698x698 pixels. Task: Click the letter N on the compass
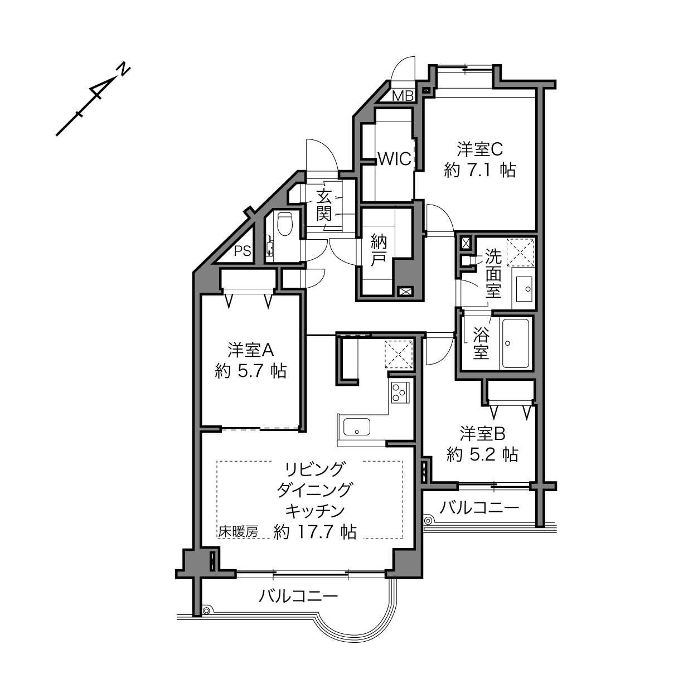123,70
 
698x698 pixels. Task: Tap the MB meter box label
403,96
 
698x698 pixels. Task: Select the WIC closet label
395,158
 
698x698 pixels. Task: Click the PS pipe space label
243,251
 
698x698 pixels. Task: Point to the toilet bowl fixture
285,223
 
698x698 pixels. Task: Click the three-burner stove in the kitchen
400,392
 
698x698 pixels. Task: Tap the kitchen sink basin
357,426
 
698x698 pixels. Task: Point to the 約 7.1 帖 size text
480,170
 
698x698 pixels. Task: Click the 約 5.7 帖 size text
251,371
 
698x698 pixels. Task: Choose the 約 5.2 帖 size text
482,454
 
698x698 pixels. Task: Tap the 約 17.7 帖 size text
315,532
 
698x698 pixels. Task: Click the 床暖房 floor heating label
238,532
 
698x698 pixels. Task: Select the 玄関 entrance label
324,205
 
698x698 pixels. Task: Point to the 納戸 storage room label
379,251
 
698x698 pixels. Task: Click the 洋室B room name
482,434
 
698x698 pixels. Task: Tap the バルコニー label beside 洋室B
479,508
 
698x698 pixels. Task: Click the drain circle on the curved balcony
206,610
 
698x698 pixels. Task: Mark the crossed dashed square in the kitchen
399,354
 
